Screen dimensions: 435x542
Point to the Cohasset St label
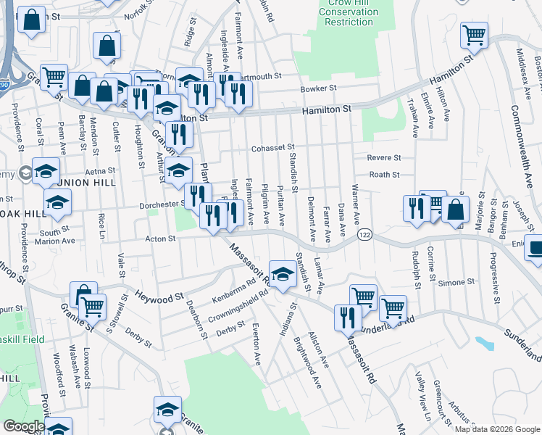click(273, 148)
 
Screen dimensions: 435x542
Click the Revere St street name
click(384, 157)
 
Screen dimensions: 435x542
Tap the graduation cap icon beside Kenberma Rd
click(283, 273)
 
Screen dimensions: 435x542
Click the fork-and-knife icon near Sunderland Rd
click(348, 318)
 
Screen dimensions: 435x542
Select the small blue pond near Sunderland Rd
click(483, 342)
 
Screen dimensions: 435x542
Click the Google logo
click(24, 426)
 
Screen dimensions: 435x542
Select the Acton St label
click(162, 238)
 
